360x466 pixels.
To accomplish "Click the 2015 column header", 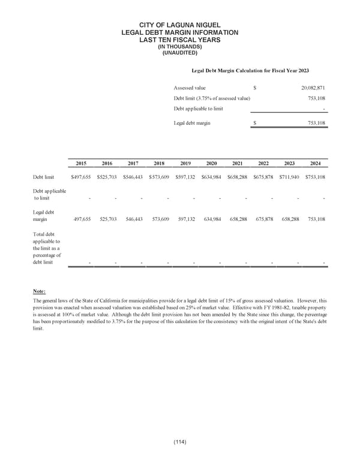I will click(81, 163).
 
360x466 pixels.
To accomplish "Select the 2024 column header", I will click(316, 163).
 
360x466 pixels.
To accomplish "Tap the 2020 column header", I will click(211, 163).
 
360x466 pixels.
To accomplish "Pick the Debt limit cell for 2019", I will click(185, 177).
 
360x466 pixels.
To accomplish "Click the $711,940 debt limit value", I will click(290, 177).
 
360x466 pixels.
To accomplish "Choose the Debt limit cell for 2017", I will click(133, 177).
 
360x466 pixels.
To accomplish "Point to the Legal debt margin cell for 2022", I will click(263, 220).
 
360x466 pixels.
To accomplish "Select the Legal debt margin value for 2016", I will click(107, 220).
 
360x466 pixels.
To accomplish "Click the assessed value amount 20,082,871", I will click(313, 88).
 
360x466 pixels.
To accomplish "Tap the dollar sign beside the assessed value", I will click(255, 88).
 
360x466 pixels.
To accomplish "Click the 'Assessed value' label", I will click(190, 88).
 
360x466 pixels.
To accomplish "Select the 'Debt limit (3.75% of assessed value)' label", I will click(212, 98).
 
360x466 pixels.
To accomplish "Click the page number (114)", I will click(179, 443).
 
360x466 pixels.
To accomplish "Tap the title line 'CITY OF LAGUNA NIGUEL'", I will click(180, 24).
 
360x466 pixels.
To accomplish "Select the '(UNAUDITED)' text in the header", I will click(180, 53).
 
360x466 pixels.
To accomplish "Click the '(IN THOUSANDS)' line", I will click(180, 47).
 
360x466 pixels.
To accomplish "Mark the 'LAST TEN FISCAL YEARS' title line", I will click(180, 40).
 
